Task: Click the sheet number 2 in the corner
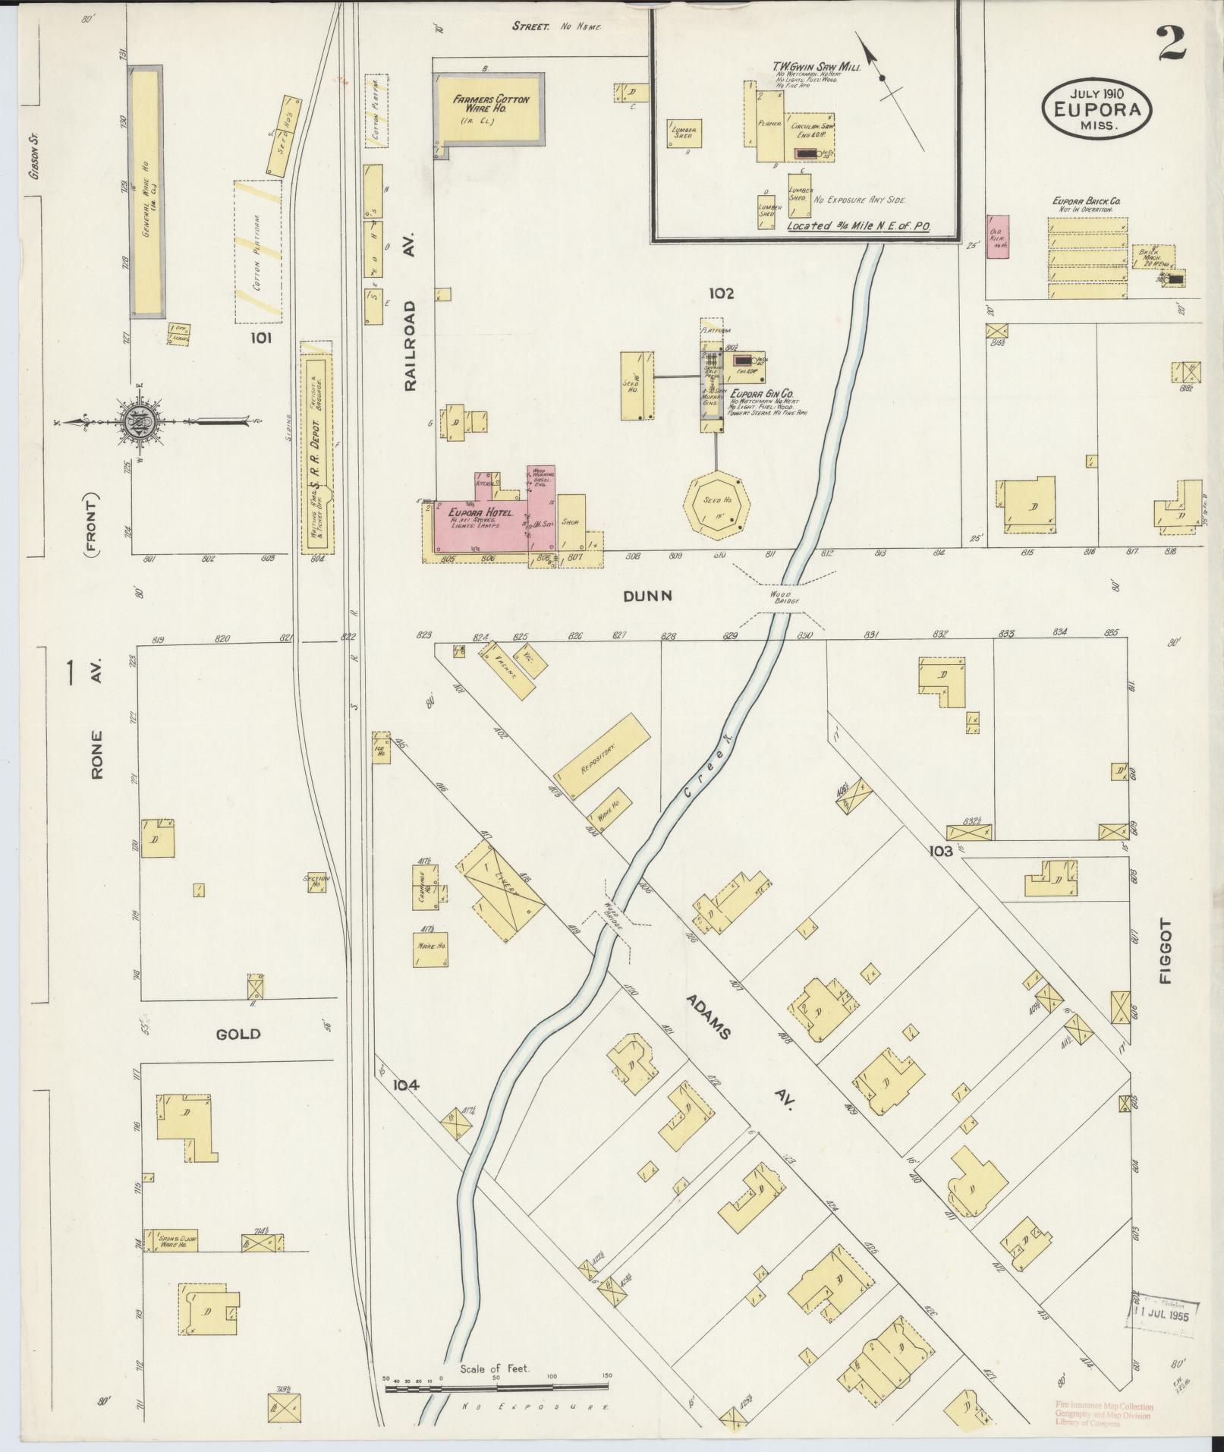pos(1173,43)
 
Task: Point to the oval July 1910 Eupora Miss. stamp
pos(1097,108)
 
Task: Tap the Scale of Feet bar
pos(497,858)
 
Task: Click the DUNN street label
pos(647,597)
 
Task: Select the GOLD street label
pos(238,1034)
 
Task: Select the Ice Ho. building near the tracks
pos(380,747)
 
